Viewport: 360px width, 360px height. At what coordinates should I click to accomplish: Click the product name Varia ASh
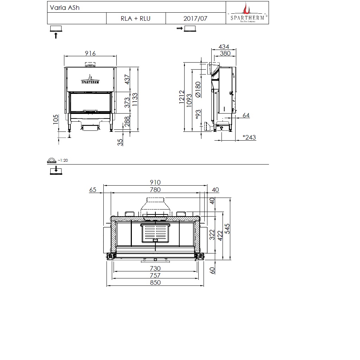point(65,8)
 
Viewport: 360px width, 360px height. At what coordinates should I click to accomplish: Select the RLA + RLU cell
point(136,18)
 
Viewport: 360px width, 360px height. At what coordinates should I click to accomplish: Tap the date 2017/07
point(195,18)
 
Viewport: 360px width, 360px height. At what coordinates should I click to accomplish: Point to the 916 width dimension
point(90,53)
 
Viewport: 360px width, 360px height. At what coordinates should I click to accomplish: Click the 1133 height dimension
point(135,99)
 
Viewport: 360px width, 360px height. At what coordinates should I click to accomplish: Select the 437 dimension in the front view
point(127,79)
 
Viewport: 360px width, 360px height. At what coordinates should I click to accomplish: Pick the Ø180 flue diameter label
point(198,90)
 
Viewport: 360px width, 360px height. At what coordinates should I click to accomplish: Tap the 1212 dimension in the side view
point(182,97)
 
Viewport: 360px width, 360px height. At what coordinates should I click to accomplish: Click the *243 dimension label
point(249,137)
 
